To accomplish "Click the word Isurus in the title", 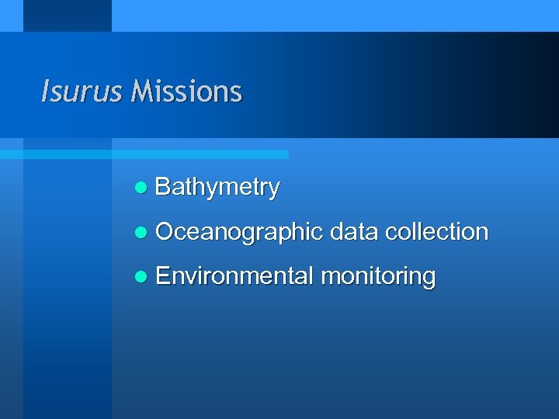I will tap(81, 92).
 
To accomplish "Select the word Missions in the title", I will tap(186, 92).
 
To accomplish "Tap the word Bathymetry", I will tap(217, 187).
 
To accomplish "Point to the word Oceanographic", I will tap(238, 231).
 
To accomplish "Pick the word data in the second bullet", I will tap(353, 231).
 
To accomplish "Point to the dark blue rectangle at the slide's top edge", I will tap(68, 16).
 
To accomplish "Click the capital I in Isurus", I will tap(44, 92).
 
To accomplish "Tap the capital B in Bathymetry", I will tap(162, 187).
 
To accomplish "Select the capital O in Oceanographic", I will tap(164, 231).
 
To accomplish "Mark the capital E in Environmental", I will tap(162, 275).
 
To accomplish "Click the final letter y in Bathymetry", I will tap(273, 190).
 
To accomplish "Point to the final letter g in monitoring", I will tap(429, 279).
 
